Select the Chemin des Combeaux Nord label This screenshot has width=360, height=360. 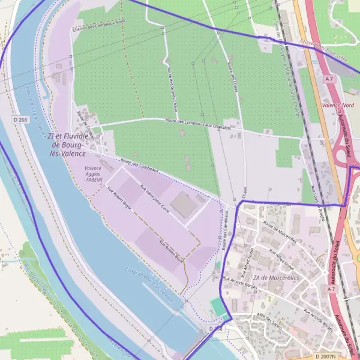(98, 22)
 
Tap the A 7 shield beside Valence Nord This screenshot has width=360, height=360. (329, 79)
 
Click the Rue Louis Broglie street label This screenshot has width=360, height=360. (318, 207)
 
